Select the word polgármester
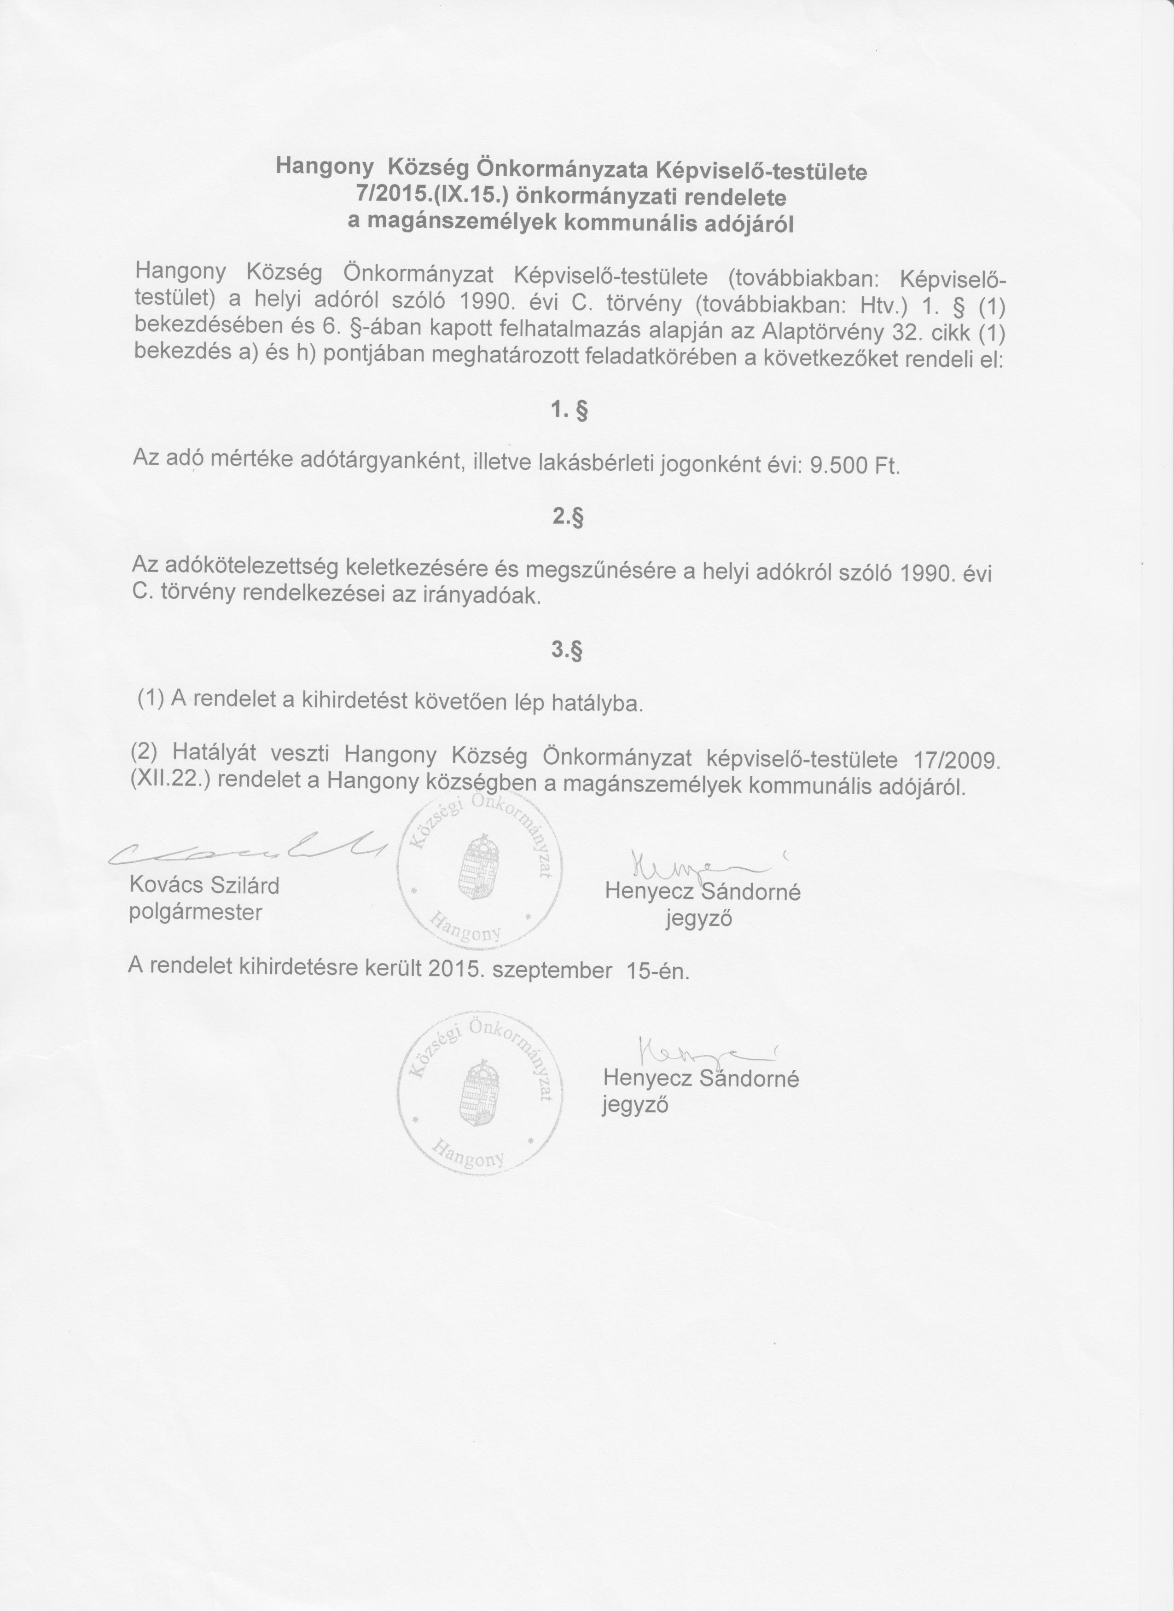click(x=195, y=912)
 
